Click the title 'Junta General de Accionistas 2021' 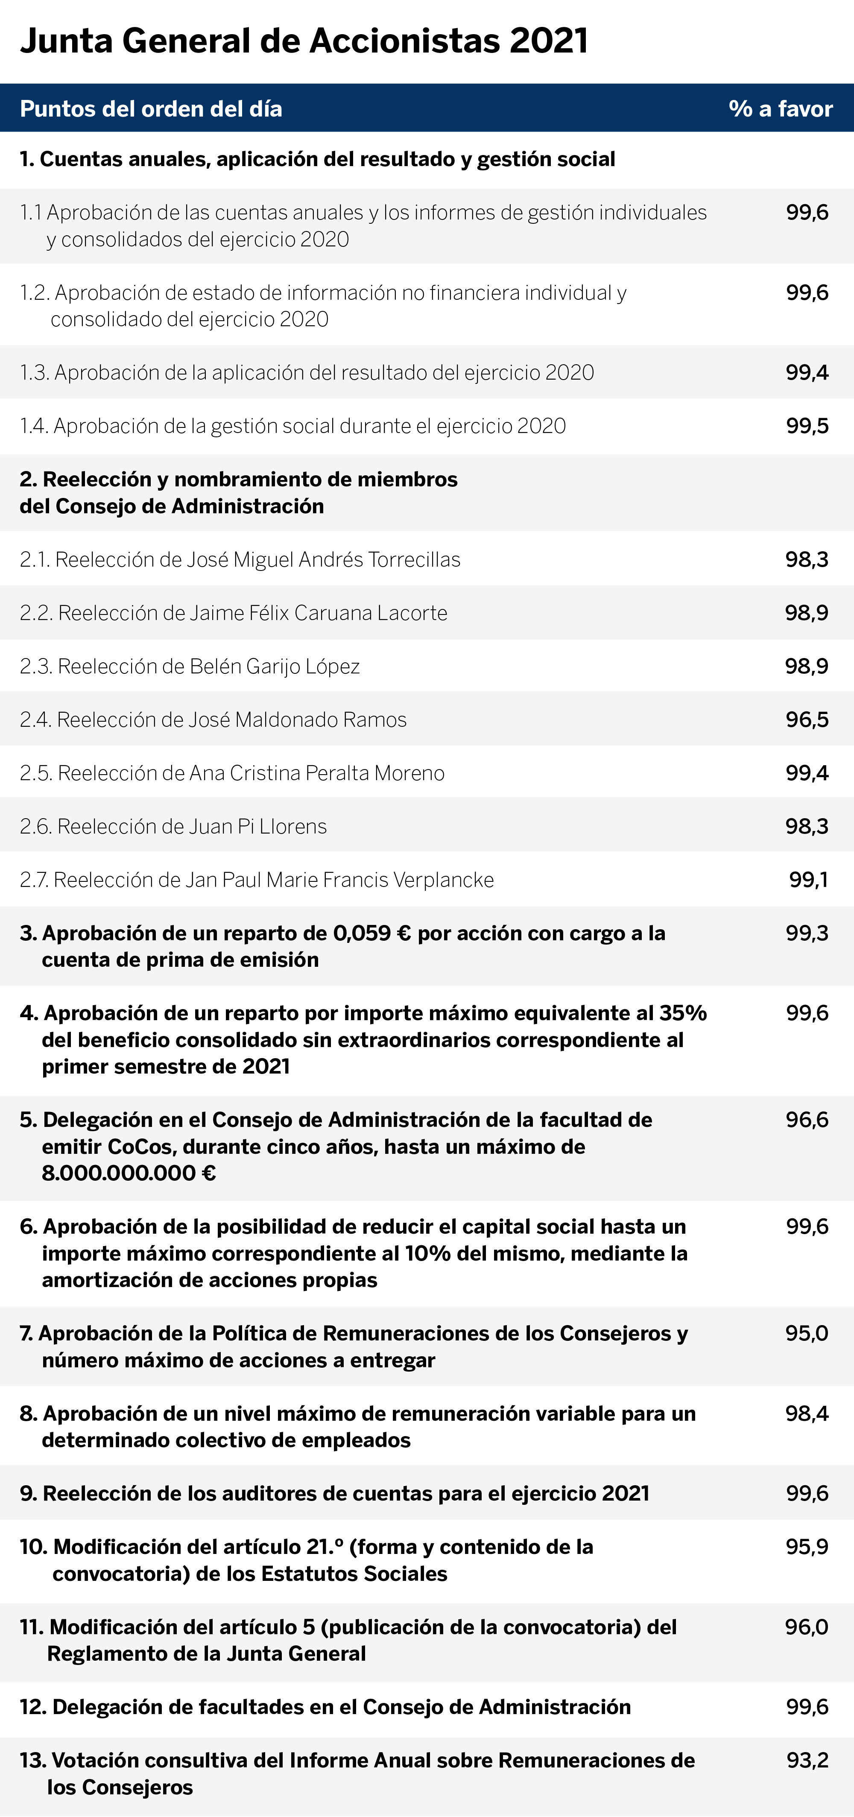coord(304,41)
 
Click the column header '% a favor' coord(781,108)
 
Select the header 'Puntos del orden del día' coord(151,108)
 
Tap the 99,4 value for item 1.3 coord(807,372)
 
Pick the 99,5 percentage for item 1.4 coord(807,426)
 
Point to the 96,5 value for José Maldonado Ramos coord(807,720)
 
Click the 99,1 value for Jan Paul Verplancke coord(809,880)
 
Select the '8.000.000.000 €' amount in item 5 coord(129,1173)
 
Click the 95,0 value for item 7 coord(807,1333)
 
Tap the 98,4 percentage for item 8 coord(807,1413)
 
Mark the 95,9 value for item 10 coord(807,1547)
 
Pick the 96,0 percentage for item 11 coord(807,1627)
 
